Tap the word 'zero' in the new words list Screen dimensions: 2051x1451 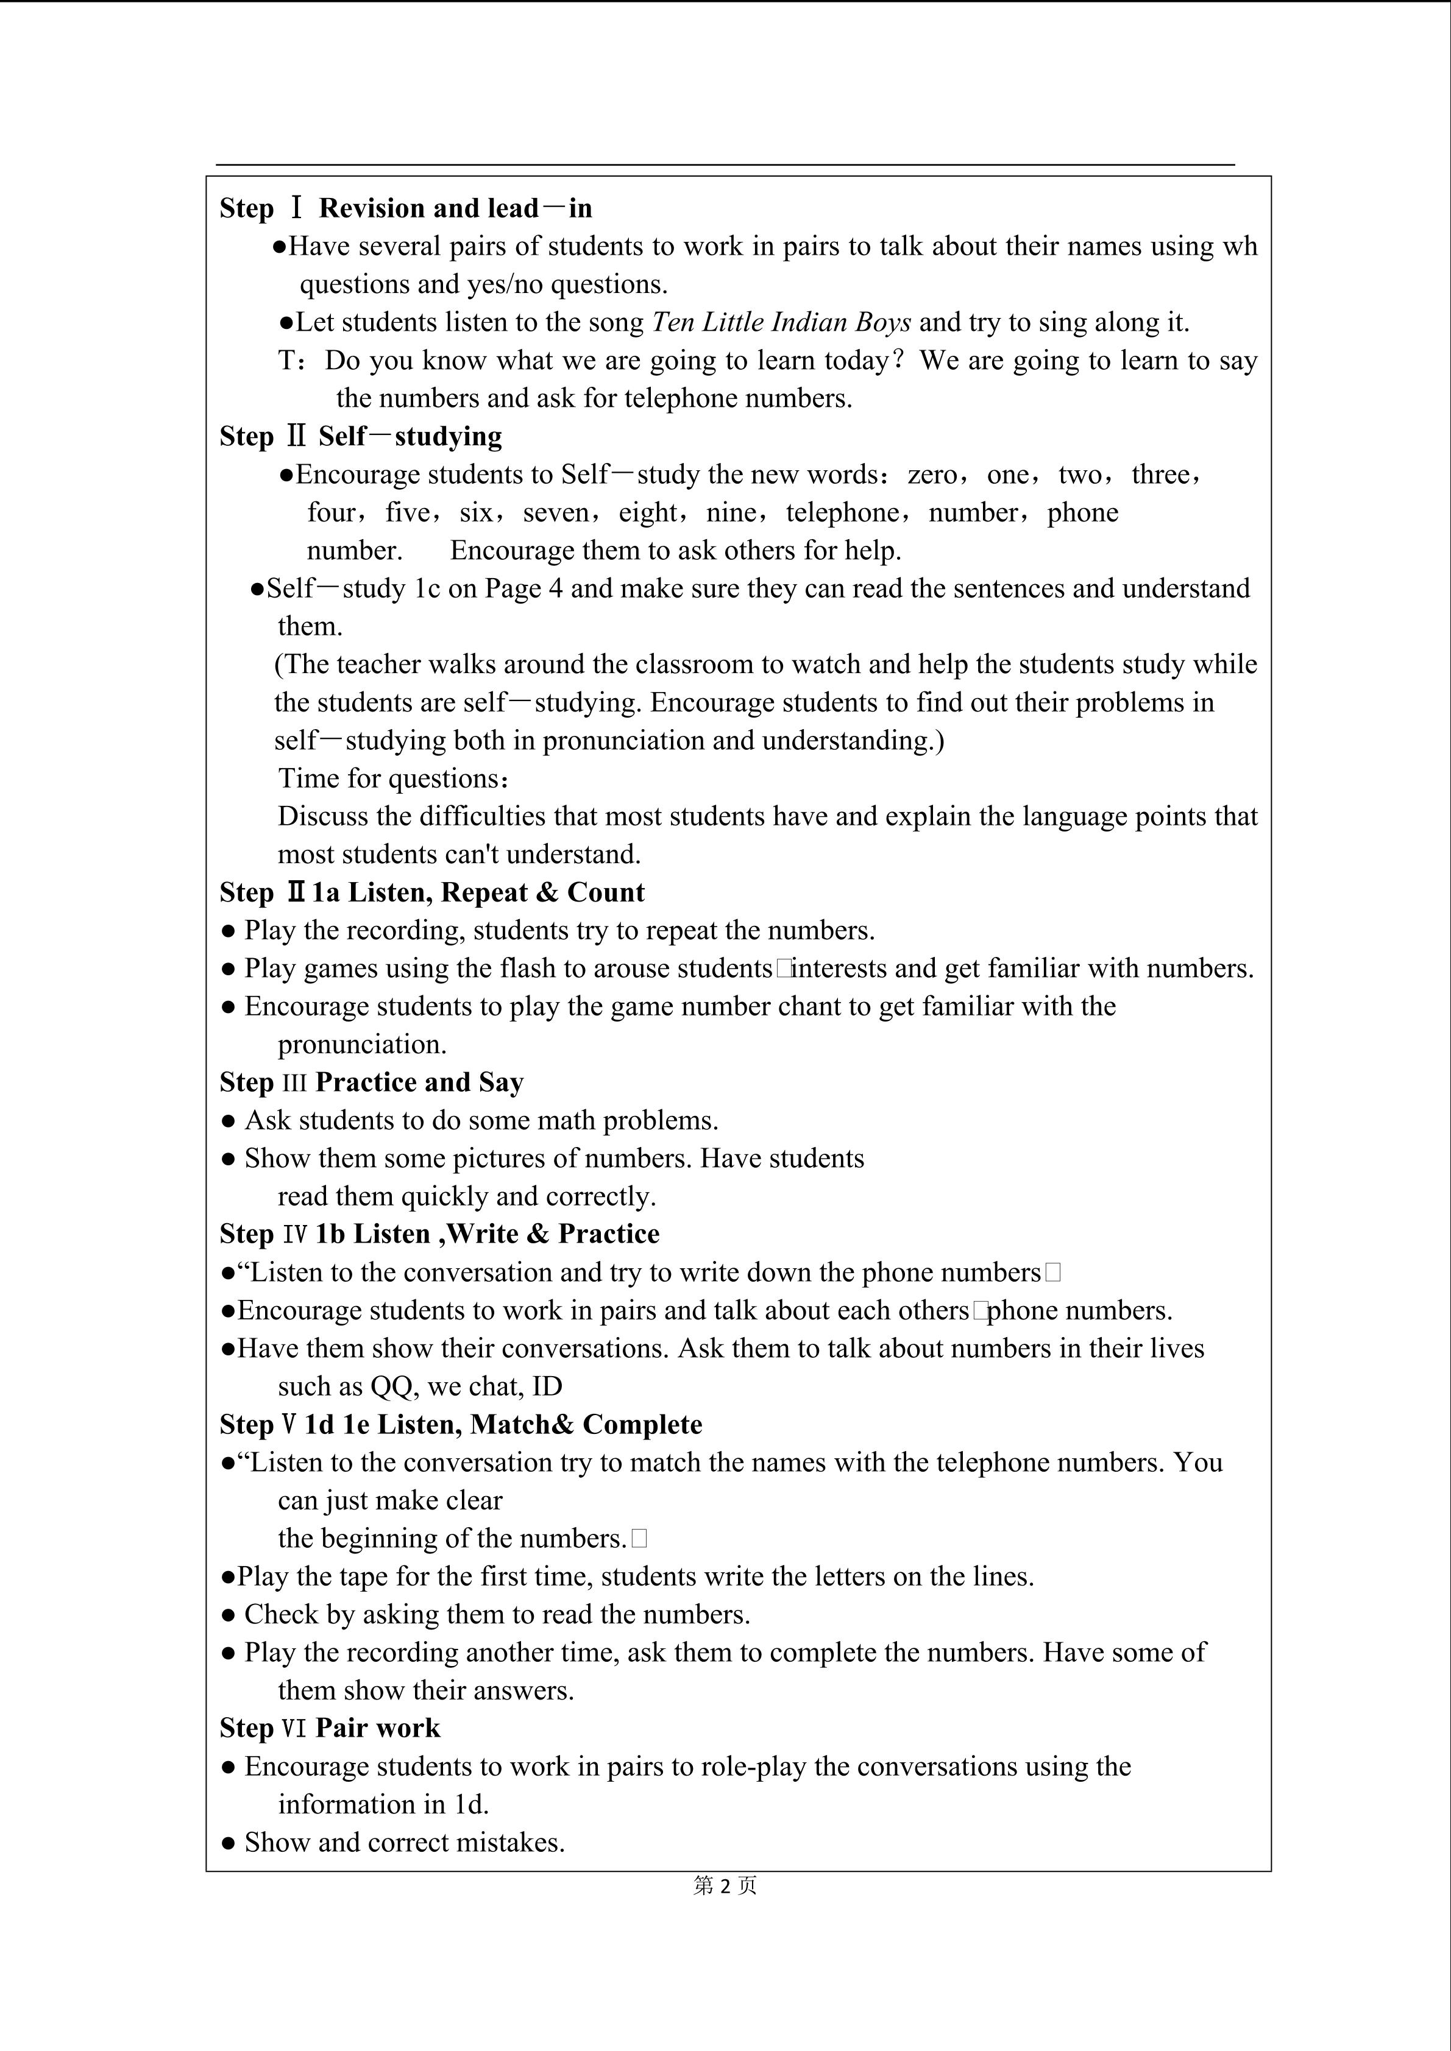coord(932,475)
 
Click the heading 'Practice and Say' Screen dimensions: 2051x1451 coord(419,1082)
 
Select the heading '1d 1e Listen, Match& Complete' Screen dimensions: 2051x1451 coord(503,1425)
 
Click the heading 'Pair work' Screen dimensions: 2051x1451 coord(378,1729)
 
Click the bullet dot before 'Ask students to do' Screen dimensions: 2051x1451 coord(229,1121)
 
